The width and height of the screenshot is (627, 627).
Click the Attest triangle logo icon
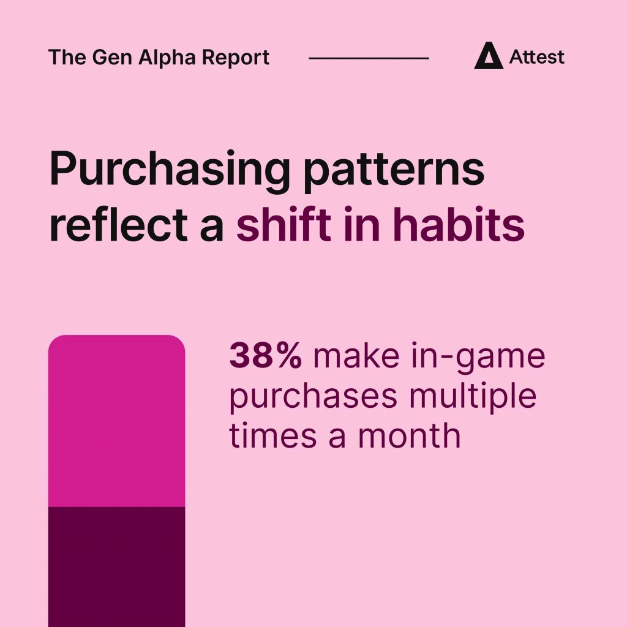click(x=488, y=56)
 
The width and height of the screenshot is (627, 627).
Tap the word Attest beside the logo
click(x=536, y=57)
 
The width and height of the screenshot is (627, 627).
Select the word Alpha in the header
click(x=167, y=58)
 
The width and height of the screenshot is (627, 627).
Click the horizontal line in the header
click(x=369, y=58)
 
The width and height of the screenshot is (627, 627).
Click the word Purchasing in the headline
click(x=170, y=170)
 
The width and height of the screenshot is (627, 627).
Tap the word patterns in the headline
click(x=394, y=171)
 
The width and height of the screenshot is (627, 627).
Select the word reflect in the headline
click(x=118, y=224)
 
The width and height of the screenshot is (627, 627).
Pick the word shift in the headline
click(x=283, y=224)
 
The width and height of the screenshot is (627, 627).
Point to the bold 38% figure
click(x=266, y=356)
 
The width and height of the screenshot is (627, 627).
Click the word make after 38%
click(x=356, y=356)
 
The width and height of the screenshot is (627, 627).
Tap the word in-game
click(x=478, y=358)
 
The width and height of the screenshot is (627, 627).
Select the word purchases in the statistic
click(x=313, y=397)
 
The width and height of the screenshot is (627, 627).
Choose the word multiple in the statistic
click(x=473, y=396)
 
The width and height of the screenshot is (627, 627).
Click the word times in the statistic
click(x=273, y=435)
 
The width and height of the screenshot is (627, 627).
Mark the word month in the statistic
click(x=409, y=435)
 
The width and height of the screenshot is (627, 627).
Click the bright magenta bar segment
click(x=117, y=421)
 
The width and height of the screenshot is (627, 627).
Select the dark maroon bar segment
click(x=117, y=566)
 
